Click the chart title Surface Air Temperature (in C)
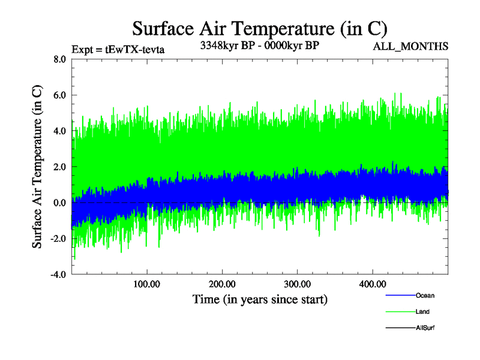click(259, 28)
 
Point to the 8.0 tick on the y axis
click(59, 59)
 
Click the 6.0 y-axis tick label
click(59, 95)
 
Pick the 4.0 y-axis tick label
click(59, 131)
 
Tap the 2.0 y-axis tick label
click(59, 167)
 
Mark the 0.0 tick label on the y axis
click(59, 203)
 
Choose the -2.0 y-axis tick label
click(58, 239)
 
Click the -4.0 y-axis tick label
click(58, 275)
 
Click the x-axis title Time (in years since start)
click(260, 298)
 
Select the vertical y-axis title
click(37, 166)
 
